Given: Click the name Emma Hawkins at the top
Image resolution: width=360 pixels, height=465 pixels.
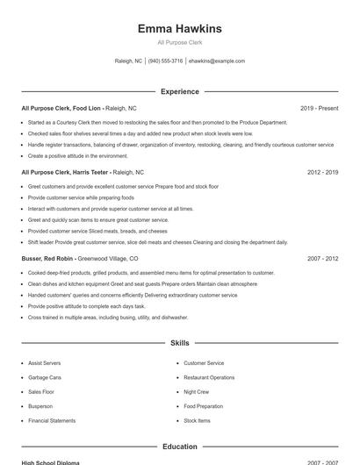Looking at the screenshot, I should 179,29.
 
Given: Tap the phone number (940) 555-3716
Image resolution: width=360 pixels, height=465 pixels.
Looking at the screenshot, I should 165,61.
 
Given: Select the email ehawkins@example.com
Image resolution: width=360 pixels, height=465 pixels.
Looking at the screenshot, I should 217,61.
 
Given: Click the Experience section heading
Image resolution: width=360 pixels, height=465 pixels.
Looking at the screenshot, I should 179,91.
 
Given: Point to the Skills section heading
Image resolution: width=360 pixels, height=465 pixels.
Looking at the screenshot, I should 179,343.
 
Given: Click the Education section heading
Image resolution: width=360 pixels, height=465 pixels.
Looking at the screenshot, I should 179,447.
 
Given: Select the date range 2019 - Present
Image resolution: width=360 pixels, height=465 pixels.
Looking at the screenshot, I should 319,109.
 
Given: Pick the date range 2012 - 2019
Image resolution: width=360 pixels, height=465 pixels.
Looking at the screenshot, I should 323,173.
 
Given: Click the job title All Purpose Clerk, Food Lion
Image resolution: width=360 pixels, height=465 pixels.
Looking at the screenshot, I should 61,109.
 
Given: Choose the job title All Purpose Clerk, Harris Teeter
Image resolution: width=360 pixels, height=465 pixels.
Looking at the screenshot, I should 65,173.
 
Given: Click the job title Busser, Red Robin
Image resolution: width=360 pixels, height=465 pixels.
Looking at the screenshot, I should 47,259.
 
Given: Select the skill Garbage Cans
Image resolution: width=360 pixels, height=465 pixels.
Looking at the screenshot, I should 44,377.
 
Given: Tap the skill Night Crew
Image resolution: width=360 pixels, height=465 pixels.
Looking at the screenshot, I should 196,391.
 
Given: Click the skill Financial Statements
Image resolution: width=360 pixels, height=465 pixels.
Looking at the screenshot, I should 52,421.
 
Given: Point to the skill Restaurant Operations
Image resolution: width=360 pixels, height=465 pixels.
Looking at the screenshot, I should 209,377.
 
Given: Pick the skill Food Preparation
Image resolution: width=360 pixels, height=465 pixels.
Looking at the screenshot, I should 204,406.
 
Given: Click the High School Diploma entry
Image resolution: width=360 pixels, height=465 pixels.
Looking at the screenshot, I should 50,462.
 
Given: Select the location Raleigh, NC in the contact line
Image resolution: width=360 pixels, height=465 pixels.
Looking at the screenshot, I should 128,61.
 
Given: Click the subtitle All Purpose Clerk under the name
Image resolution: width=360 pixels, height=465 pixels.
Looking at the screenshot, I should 179,42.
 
